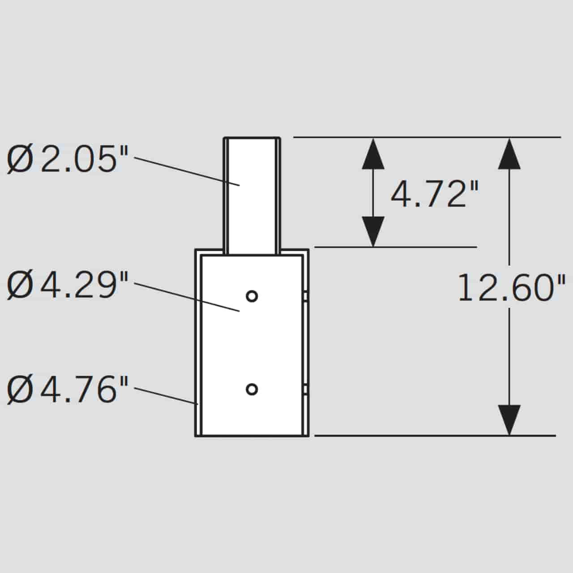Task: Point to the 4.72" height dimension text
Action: pyautogui.click(x=435, y=194)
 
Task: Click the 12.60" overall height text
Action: pyautogui.click(x=512, y=287)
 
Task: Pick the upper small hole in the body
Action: pyautogui.click(x=252, y=296)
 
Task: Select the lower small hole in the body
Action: pyautogui.click(x=252, y=389)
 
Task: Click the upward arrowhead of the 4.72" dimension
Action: pyautogui.click(x=373, y=154)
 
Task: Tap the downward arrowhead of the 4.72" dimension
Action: pyautogui.click(x=373, y=231)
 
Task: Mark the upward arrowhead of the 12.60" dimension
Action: pyautogui.click(x=509, y=154)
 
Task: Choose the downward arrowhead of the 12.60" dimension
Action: pyautogui.click(x=509, y=420)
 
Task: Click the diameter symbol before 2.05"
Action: pyautogui.click(x=20, y=159)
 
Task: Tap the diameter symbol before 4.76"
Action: pyautogui.click(x=20, y=390)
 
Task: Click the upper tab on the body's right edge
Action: pyautogui.click(x=305, y=296)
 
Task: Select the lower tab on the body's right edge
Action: pyautogui.click(x=305, y=390)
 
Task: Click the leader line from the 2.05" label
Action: pyautogui.click(x=187, y=171)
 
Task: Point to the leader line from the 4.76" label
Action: pyautogui.click(x=166, y=396)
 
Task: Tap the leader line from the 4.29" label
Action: pyautogui.click(x=187, y=297)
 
